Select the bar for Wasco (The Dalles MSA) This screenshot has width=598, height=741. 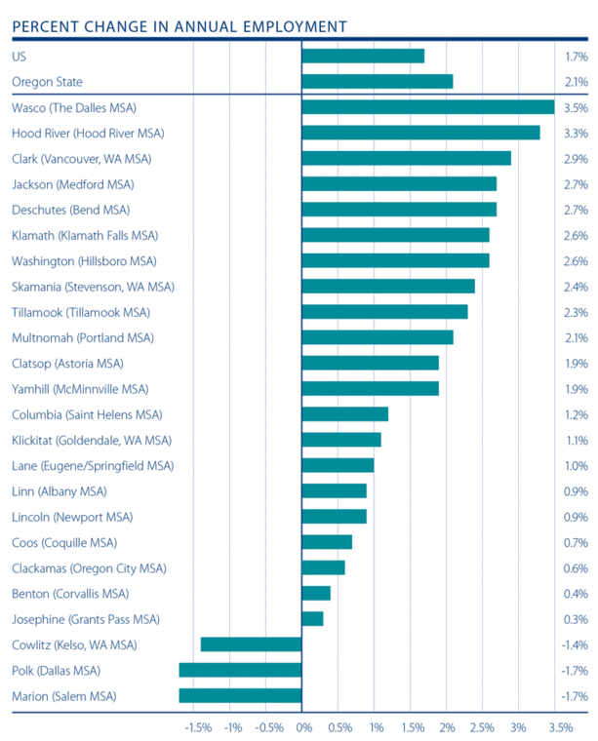click(428, 107)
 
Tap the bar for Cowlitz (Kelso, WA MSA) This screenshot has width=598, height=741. click(252, 644)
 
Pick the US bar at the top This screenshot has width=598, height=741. click(364, 57)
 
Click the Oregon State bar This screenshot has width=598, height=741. click(378, 82)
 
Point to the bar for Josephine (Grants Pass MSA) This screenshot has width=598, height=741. click(313, 619)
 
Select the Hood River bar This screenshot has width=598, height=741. click(421, 133)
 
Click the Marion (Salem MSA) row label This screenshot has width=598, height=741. click(63, 696)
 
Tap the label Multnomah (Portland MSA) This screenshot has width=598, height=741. click(82, 337)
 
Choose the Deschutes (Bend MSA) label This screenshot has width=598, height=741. click(70, 210)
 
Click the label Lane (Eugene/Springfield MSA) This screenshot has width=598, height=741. click(93, 466)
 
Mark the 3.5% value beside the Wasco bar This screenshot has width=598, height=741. click(576, 107)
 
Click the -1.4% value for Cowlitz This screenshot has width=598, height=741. click(575, 644)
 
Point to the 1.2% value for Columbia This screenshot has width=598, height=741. click(576, 414)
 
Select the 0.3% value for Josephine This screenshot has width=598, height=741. click(576, 619)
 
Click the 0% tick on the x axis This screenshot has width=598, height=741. click(302, 727)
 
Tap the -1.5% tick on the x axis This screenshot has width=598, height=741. click(197, 727)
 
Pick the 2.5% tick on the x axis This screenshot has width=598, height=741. click(482, 727)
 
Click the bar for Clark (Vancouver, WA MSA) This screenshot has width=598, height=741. click(407, 158)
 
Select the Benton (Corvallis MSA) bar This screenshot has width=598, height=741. click(317, 594)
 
